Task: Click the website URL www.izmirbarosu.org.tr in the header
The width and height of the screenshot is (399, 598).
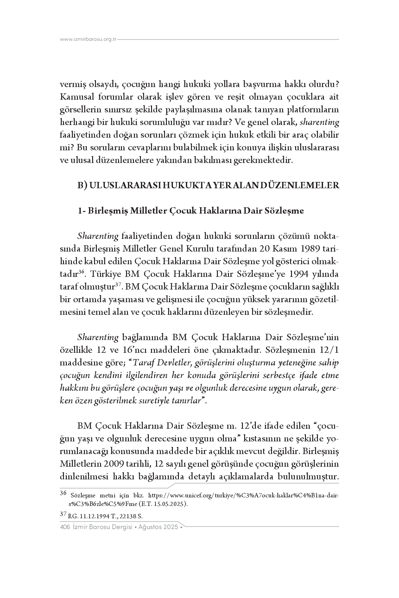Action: point(88,40)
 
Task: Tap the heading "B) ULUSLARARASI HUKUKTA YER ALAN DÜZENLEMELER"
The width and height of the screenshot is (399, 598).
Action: point(208,185)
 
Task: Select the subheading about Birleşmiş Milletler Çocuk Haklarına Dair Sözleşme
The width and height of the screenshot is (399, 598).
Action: point(191,211)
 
